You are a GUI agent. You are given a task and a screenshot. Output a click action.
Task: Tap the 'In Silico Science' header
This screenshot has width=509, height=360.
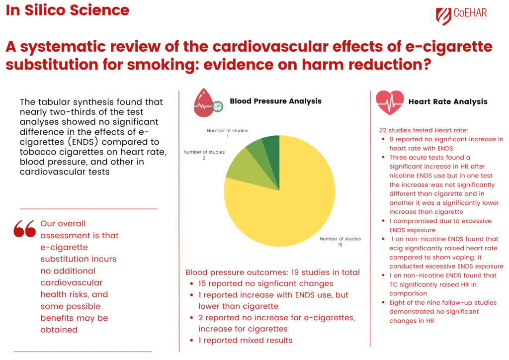[68, 10]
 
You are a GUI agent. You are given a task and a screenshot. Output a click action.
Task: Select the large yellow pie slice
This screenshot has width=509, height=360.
[288, 199]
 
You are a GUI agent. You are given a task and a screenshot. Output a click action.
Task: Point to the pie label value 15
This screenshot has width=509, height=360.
[340, 245]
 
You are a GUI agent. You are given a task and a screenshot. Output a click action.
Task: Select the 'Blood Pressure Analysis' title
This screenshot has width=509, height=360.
[275, 101]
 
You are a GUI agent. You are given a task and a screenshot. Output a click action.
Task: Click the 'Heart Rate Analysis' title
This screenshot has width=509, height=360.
[447, 101]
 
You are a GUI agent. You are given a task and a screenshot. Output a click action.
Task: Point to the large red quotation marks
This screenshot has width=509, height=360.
[25, 228]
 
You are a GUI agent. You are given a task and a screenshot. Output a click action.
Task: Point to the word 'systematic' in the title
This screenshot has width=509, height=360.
[60, 47]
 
